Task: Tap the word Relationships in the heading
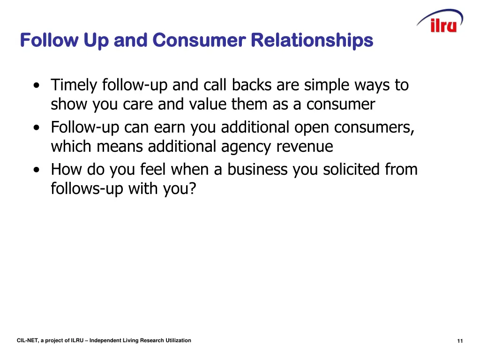(x=312, y=40)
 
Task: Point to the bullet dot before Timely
(x=37, y=86)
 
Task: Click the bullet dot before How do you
(x=37, y=170)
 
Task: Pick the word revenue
(x=305, y=147)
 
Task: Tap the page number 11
(x=460, y=341)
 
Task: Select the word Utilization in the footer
(x=178, y=341)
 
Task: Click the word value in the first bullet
(x=209, y=105)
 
